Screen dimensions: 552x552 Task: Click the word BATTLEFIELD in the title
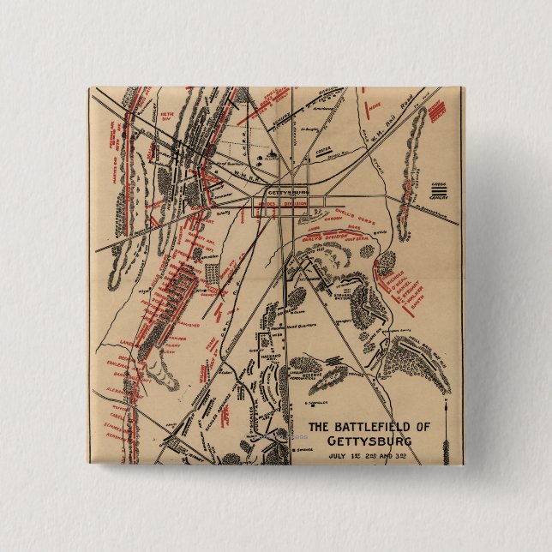point(371,426)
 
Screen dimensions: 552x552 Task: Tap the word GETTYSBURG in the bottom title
point(369,441)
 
